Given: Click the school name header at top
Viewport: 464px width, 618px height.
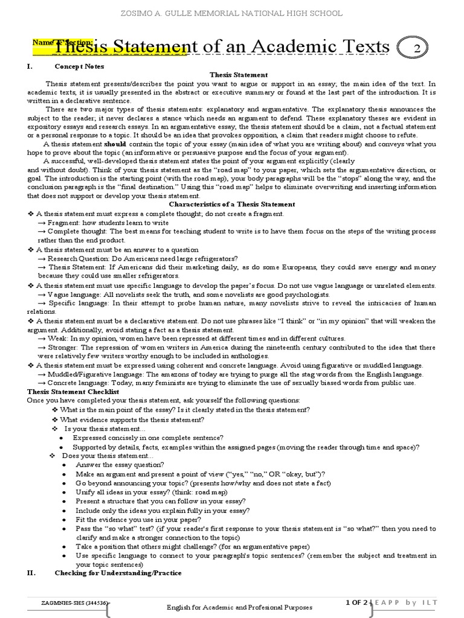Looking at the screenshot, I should (x=232, y=13).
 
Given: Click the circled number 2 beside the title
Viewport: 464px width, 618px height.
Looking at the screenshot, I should (x=416, y=49).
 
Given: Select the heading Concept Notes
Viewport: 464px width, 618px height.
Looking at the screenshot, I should (x=79, y=66).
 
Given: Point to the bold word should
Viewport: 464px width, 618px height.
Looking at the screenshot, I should (x=115, y=145).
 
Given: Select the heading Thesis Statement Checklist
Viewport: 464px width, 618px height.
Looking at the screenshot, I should (x=67, y=392).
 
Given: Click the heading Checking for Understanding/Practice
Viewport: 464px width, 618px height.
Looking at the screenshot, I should (x=118, y=573).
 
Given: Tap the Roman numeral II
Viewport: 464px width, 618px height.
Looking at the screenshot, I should (x=32, y=573).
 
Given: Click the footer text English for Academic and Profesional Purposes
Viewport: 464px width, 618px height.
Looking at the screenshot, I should (x=239, y=607).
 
